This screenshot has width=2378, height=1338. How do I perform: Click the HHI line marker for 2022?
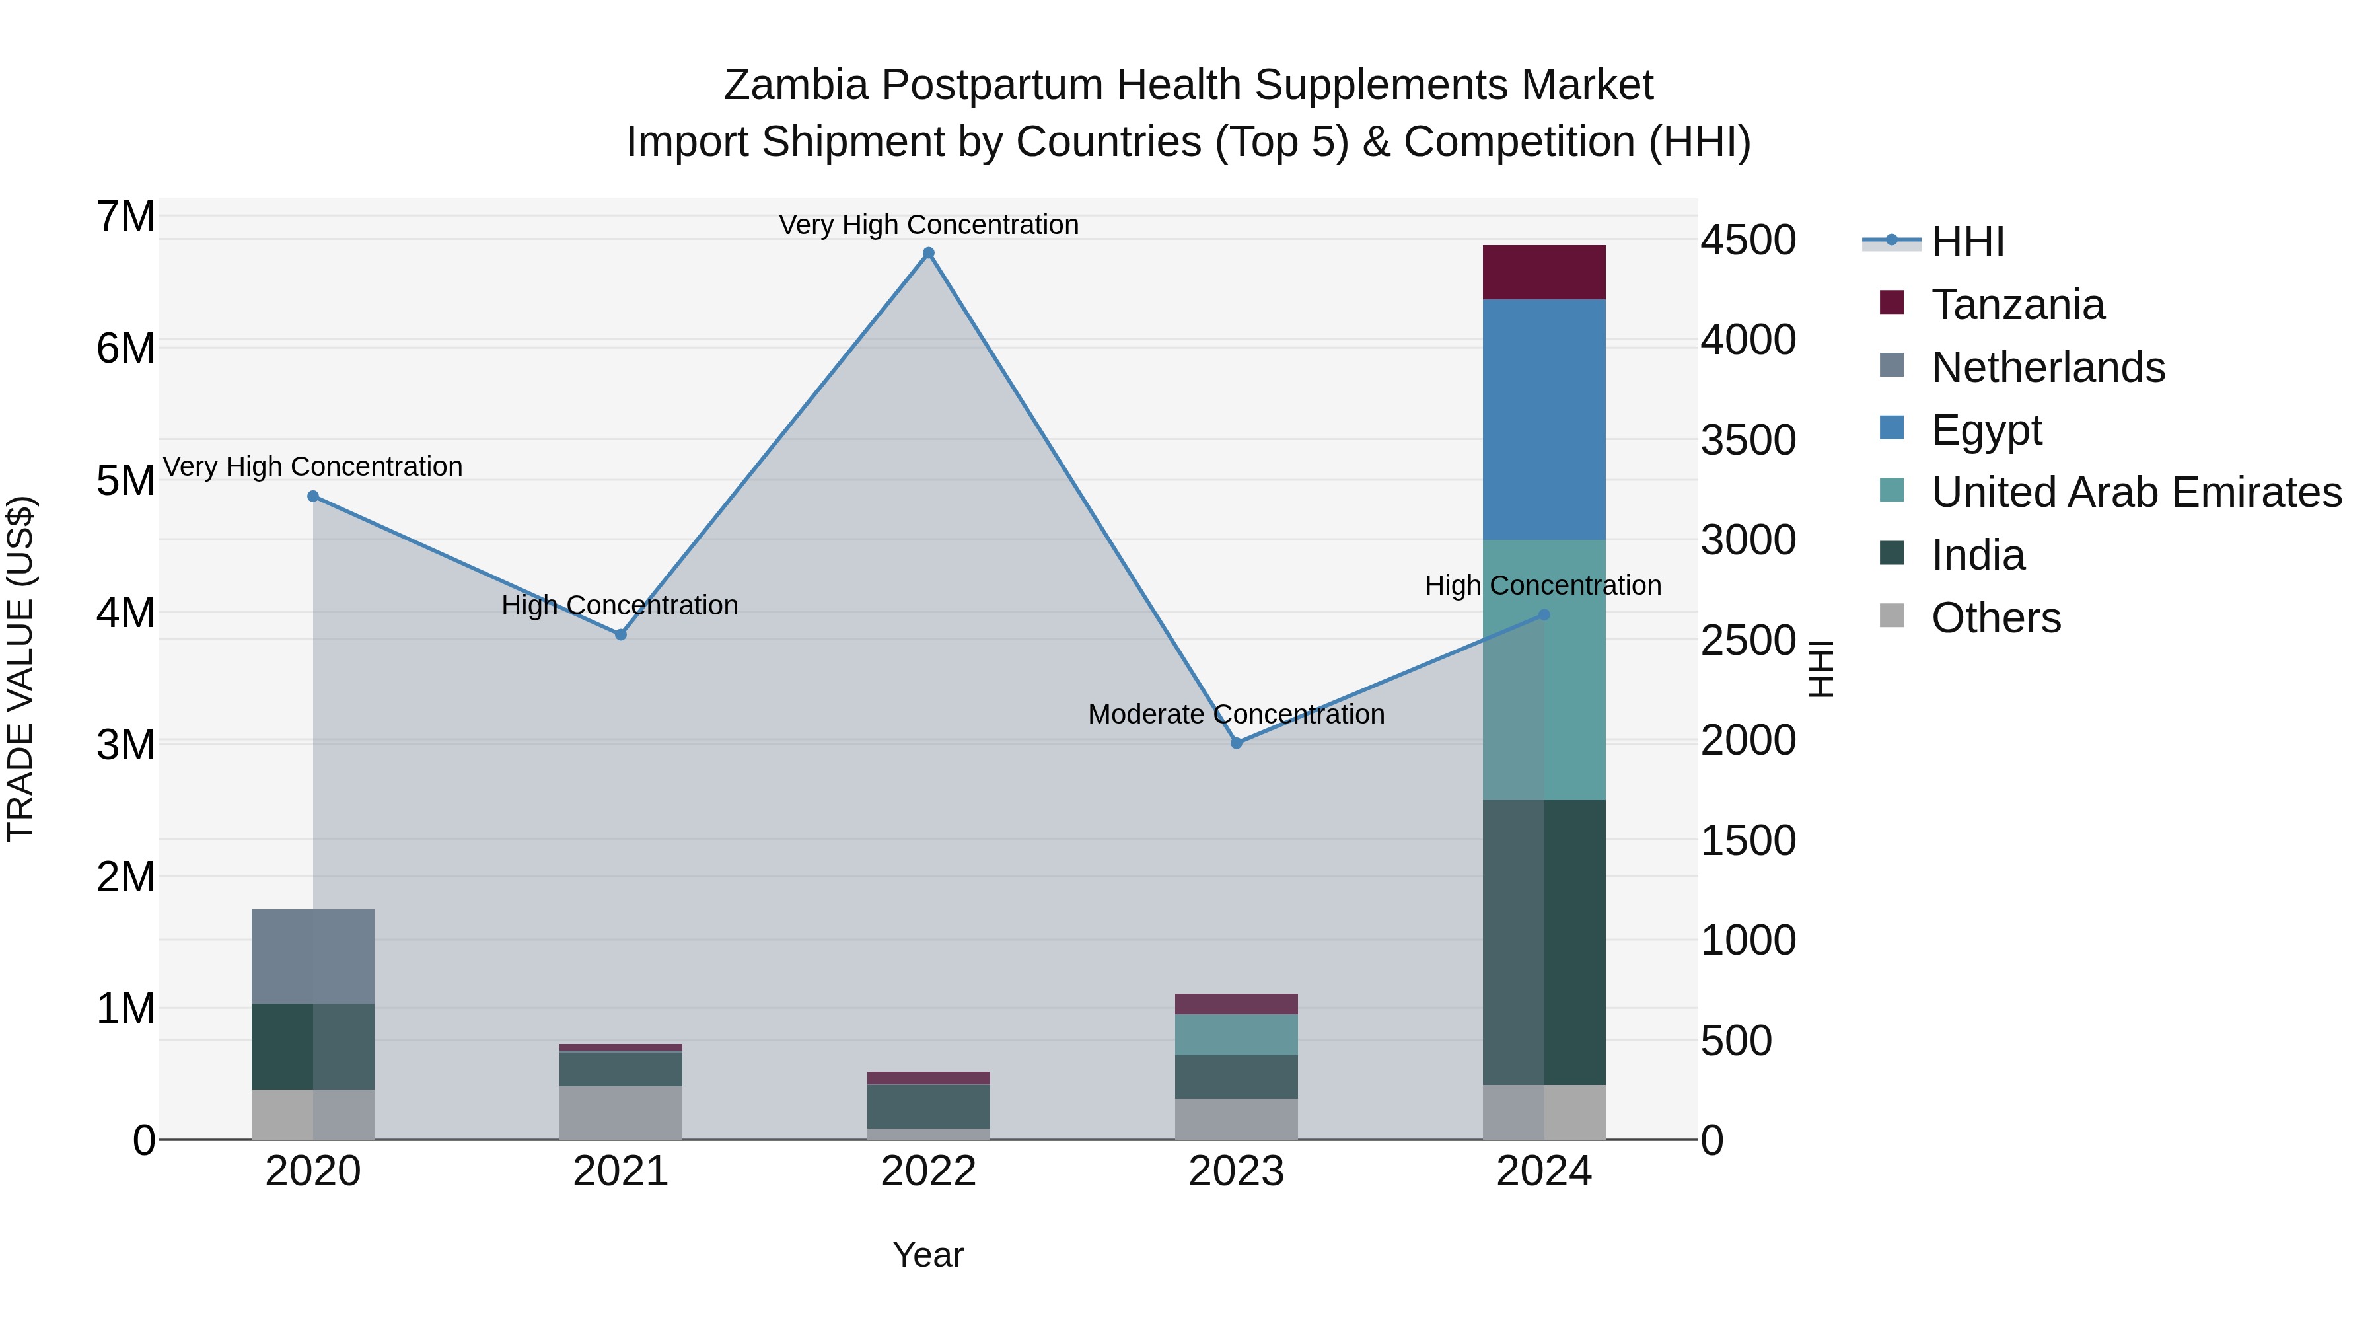pos(929,253)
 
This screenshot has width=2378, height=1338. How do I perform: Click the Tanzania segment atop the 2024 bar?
pos(1544,272)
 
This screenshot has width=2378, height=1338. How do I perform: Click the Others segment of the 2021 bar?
pos(620,1113)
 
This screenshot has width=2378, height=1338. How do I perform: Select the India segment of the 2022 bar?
pos(929,1106)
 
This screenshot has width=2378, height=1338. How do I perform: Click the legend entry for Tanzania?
pos(2018,305)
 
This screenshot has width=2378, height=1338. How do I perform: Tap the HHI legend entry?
pos(1967,242)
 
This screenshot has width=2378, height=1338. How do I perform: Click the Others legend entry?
pos(1996,618)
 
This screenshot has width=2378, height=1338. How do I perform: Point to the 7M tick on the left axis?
pos(126,217)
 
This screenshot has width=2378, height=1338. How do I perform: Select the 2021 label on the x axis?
pos(620,1171)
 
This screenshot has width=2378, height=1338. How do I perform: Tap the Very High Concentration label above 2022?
pos(929,225)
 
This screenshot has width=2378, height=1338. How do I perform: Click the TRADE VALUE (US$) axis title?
pos(21,669)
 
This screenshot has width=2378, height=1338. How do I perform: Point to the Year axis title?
pos(928,1255)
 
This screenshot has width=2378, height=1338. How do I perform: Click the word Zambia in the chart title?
pos(796,85)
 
